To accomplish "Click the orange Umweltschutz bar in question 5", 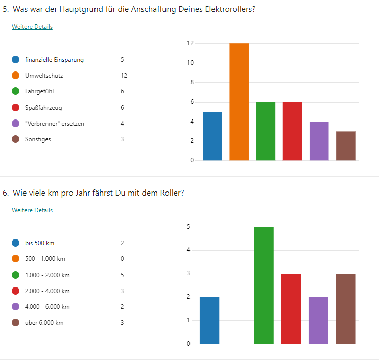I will [239, 102].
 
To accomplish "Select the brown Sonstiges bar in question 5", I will [345, 146].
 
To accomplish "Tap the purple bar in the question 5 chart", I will [319, 141].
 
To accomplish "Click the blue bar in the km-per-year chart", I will [209, 320].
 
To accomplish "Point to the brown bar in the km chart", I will [345, 308].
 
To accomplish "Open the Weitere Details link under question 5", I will [32, 27].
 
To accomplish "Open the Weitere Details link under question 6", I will [32, 210].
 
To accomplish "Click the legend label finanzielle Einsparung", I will [54, 60].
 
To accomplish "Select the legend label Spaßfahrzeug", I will [43, 108].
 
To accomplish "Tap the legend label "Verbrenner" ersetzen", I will [54, 124].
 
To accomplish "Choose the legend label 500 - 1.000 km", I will [45, 259].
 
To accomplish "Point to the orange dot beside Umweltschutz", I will [16, 76].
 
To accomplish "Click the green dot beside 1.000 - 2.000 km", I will [16, 275].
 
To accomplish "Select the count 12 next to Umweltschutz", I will [124, 76].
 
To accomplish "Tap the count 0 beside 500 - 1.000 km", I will [122, 259].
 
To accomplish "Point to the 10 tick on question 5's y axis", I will [190, 63].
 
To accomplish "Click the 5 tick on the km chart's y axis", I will [188, 227].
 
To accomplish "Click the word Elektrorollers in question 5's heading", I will [231, 9].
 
